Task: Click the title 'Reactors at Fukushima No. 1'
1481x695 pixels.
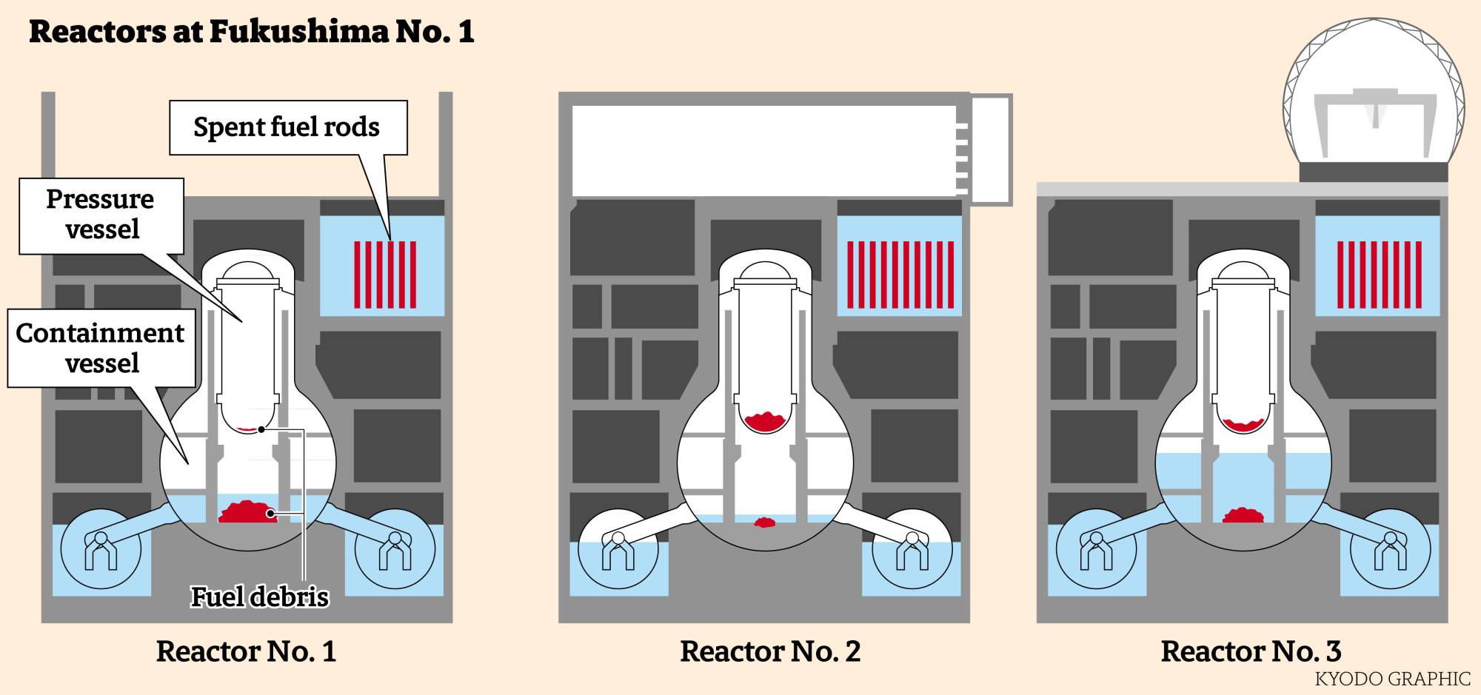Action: (x=251, y=32)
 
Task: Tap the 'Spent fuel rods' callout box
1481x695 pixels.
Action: (x=287, y=127)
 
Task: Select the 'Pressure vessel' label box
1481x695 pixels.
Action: (x=101, y=215)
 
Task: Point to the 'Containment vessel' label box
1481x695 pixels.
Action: (x=101, y=348)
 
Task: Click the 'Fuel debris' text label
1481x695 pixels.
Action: (x=259, y=597)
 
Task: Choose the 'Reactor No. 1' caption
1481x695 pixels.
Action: (x=246, y=651)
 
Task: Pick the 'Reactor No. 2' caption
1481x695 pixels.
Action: (x=770, y=651)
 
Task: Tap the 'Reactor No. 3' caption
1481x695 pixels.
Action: (x=1251, y=651)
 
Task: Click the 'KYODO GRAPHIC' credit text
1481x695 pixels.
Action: (x=1392, y=679)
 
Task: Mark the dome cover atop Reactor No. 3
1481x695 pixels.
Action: (x=1374, y=89)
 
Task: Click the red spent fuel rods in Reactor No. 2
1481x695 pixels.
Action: (x=900, y=275)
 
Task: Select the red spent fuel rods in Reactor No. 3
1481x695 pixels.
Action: (x=1379, y=275)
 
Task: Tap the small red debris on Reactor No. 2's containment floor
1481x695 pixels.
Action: (x=765, y=523)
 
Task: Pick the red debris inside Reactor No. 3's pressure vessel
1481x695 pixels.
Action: (x=1243, y=425)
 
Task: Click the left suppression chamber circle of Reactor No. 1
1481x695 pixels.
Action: (x=101, y=549)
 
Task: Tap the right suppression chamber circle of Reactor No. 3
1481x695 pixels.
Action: (x=1390, y=549)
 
